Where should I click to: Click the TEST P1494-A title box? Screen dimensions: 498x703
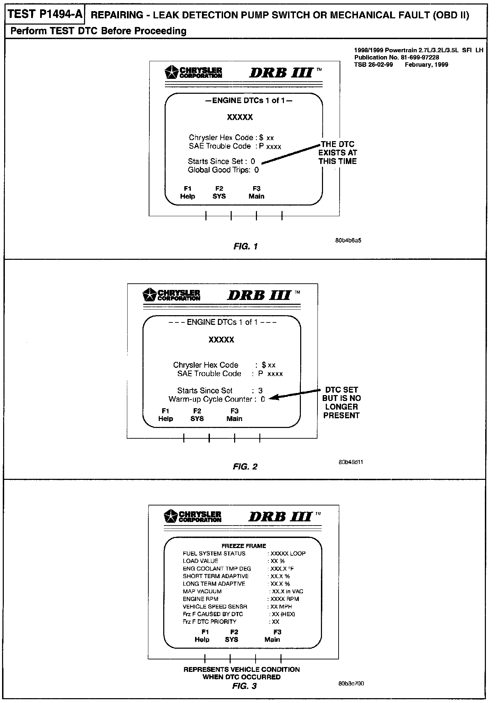pyautogui.click(x=45, y=14)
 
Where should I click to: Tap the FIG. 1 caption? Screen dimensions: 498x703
pyautogui.click(x=246, y=246)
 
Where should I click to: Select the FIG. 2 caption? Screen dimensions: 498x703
pyautogui.click(x=245, y=467)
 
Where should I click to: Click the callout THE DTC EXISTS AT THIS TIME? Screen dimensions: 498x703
pyautogui.click(x=338, y=153)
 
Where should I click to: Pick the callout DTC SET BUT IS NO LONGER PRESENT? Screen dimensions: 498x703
pyautogui.click(x=341, y=402)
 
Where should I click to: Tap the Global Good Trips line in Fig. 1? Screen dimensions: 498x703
pyautogui.click(x=223, y=170)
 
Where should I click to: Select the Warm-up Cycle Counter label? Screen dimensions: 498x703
pyautogui.click(x=210, y=399)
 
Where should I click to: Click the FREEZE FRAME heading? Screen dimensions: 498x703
pyautogui.click(x=244, y=546)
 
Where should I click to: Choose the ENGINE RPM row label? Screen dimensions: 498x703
pyautogui.click(x=201, y=599)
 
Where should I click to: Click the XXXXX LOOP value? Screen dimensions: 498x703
pyautogui.click(x=288, y=554)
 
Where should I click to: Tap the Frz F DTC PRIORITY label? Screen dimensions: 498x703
pyautogui.click(x=210, y=622)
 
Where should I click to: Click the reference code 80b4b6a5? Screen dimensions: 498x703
pyautogui.click(x=348, y=240)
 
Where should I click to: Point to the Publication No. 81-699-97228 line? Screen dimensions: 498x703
pyautogui.click(x=396, y=57)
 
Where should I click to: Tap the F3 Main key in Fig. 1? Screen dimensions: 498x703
pyautogui.click(x=256, y=192)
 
